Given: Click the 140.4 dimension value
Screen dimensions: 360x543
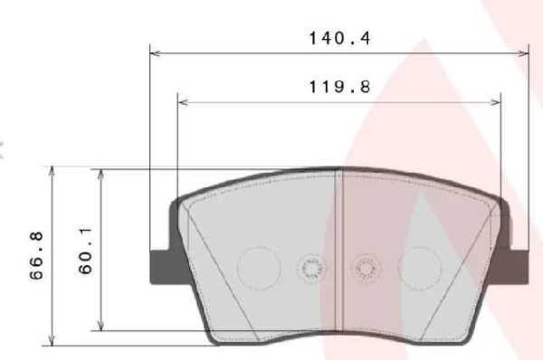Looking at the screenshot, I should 340,40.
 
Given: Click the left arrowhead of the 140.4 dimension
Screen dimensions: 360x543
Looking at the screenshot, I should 154,52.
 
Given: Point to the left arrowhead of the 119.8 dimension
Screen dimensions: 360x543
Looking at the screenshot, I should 184,102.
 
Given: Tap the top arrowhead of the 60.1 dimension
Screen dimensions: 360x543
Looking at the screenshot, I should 101,173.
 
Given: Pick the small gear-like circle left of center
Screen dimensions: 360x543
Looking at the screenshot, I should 310,269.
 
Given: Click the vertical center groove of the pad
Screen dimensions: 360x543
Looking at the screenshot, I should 338,253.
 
